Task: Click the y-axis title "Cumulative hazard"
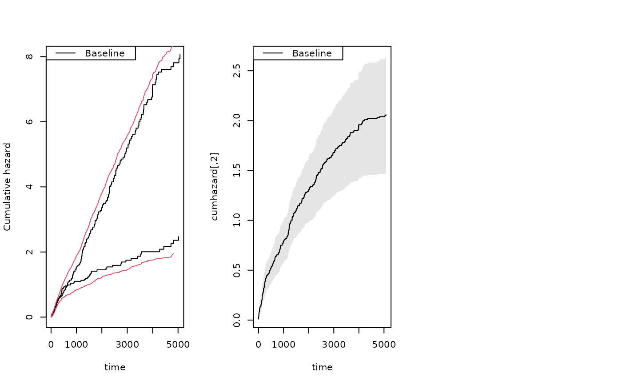[x=7, y=187]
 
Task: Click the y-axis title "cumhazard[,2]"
[x=215, y=187]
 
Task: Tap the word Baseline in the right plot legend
[x=312, y=53]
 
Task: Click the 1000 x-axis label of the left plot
[x=76, y=344]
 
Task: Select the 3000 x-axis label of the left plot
[x=127, y=344]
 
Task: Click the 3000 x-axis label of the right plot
[x=334, y=344]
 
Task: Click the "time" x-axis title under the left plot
[x=115, y=367]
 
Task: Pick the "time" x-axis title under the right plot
[x=322, y=367]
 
